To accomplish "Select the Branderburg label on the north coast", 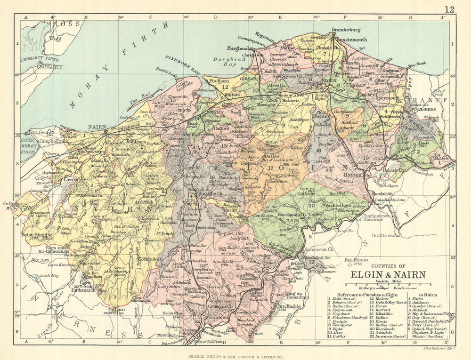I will click(346, 30).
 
